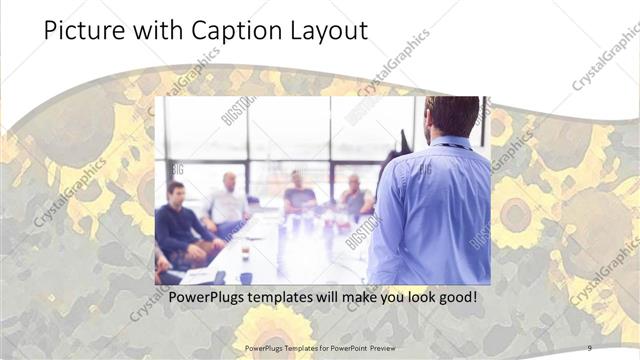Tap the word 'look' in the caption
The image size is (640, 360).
tap(414, 297)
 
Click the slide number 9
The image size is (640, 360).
tap(589, 347)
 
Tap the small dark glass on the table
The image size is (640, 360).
tap(245, 251)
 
